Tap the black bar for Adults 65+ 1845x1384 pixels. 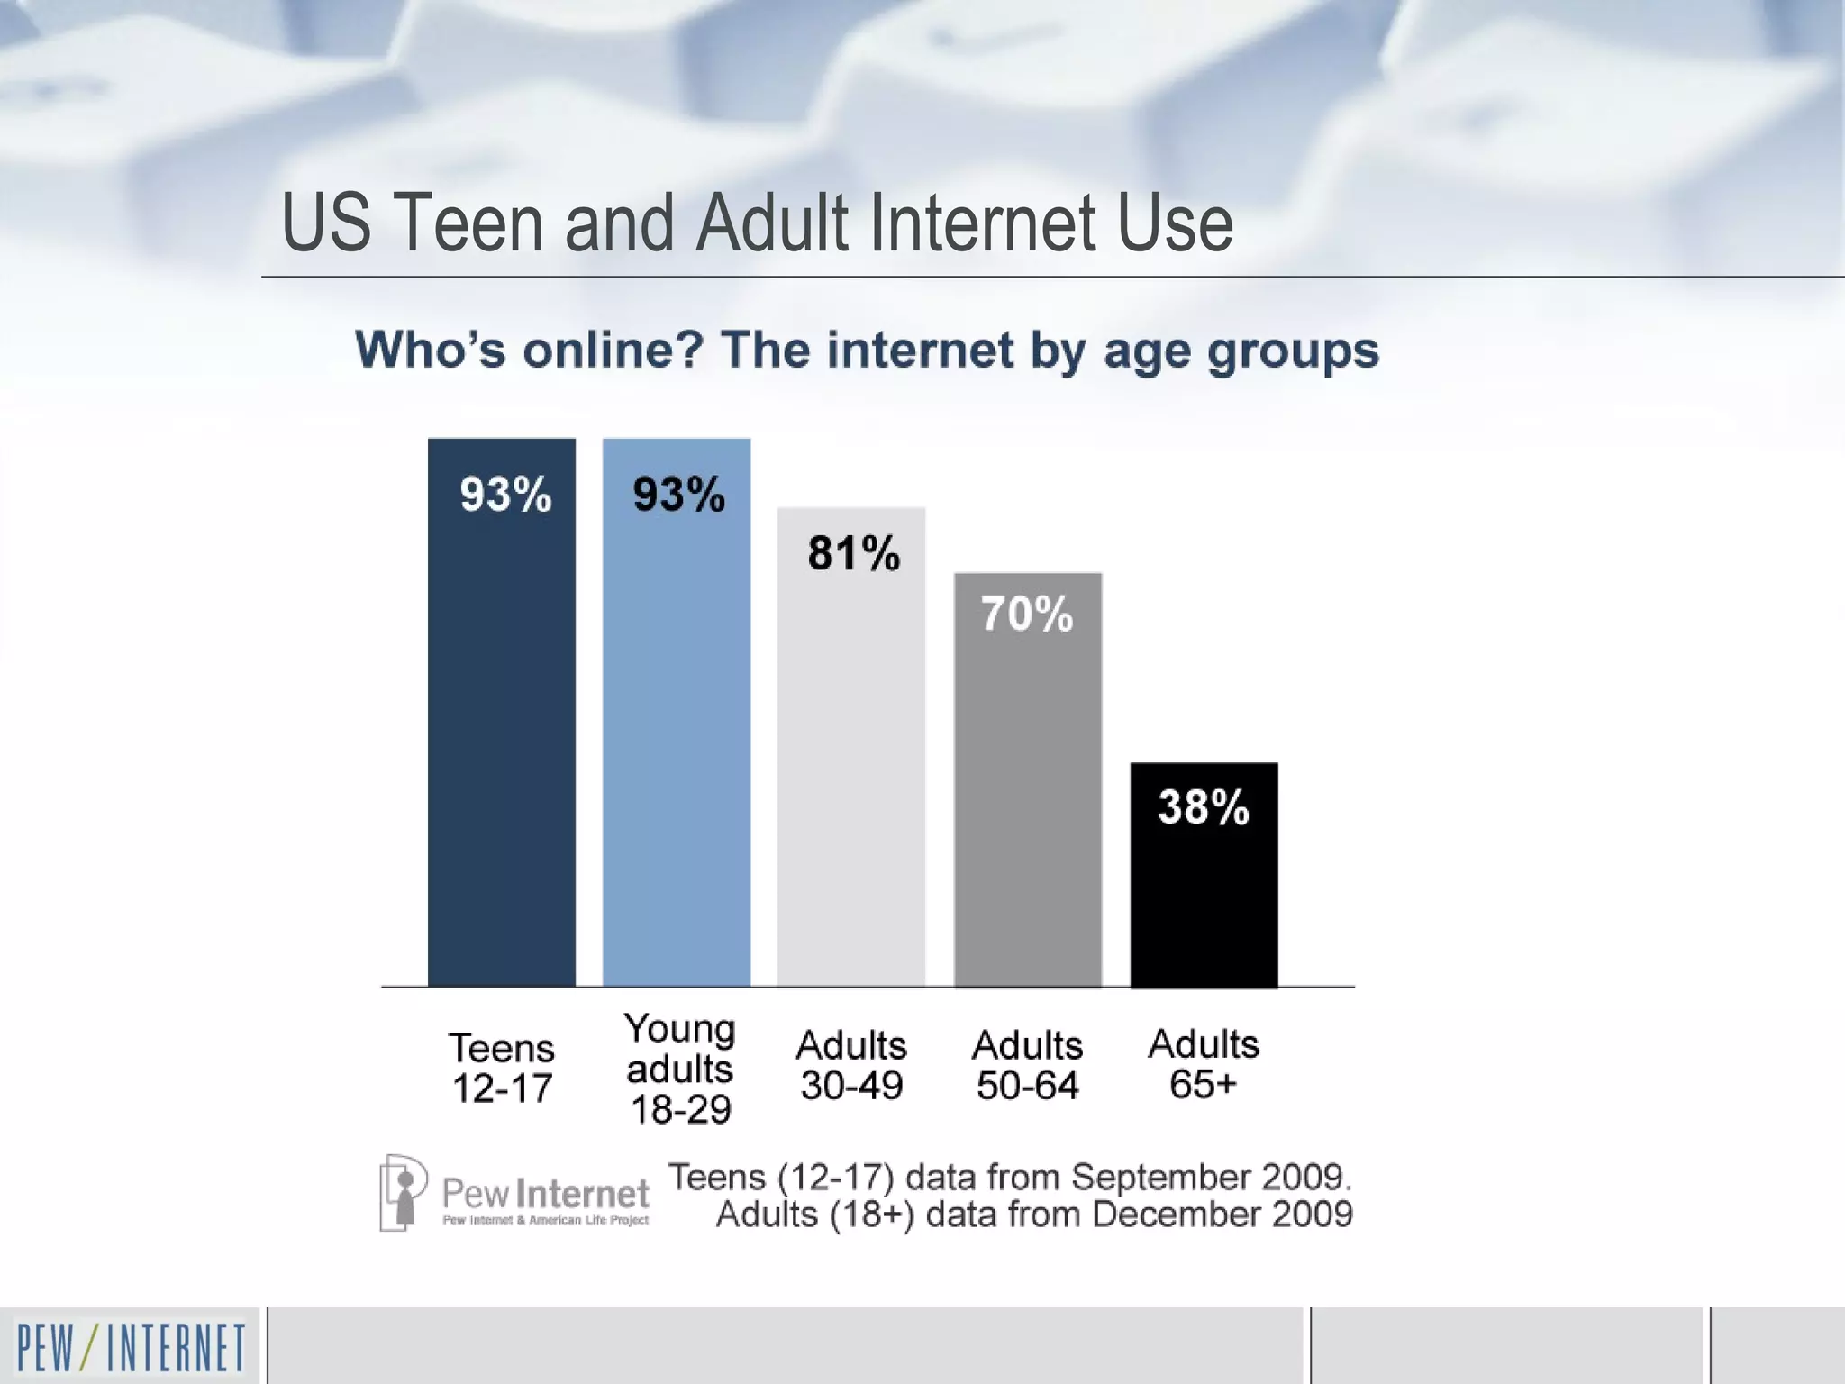pos(1204,901)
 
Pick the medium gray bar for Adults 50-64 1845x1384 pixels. pos(1028,811)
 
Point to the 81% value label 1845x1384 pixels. pos(853,553)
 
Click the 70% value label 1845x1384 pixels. pos(1027,615)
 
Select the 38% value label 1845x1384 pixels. pos(1204,806)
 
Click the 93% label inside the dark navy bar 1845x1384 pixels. pos(504,495)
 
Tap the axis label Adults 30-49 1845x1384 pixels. pos(851,1065)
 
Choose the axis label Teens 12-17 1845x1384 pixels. pos(502,1068)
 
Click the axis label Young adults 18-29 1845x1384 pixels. pos(679,1069)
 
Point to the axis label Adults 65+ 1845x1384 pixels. pos(1204,1064)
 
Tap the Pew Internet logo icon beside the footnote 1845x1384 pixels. pos(402,1193)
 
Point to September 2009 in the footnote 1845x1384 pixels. pos(1212,1178)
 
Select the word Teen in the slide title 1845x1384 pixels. pos(466,223)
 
